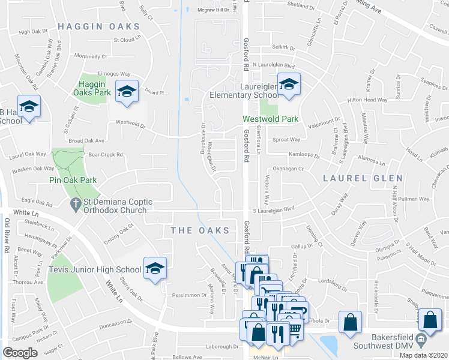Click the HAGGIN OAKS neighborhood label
pos(99,26)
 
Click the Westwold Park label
pos(270,119)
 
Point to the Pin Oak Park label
pos(74,179)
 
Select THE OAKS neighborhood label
pos(200,230)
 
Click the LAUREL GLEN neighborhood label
pos(353,178)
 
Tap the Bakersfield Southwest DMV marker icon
pos(420,340)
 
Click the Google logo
pos(20,353)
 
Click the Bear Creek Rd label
pos(105,154)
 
